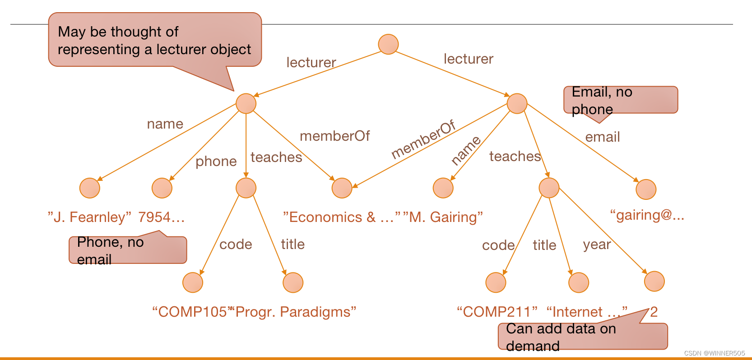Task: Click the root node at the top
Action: click(388, 44)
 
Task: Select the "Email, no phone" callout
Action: click(620, 100)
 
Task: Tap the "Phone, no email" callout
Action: click(127, 250)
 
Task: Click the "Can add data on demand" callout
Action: click(582, 337)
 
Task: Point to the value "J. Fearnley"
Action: click(89, 217)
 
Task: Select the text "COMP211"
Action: click(497, 312)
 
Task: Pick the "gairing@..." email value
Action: click(647, 215)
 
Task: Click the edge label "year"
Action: click(596, 245)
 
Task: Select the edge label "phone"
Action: click(216, 162)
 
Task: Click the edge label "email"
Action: click(602, 137)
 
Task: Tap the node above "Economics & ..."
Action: click(342, 188)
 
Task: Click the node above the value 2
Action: click(654, 282)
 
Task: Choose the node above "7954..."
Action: click(162, 188)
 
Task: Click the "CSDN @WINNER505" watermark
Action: click(714, 353)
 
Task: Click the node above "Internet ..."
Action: click(579, 283)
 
